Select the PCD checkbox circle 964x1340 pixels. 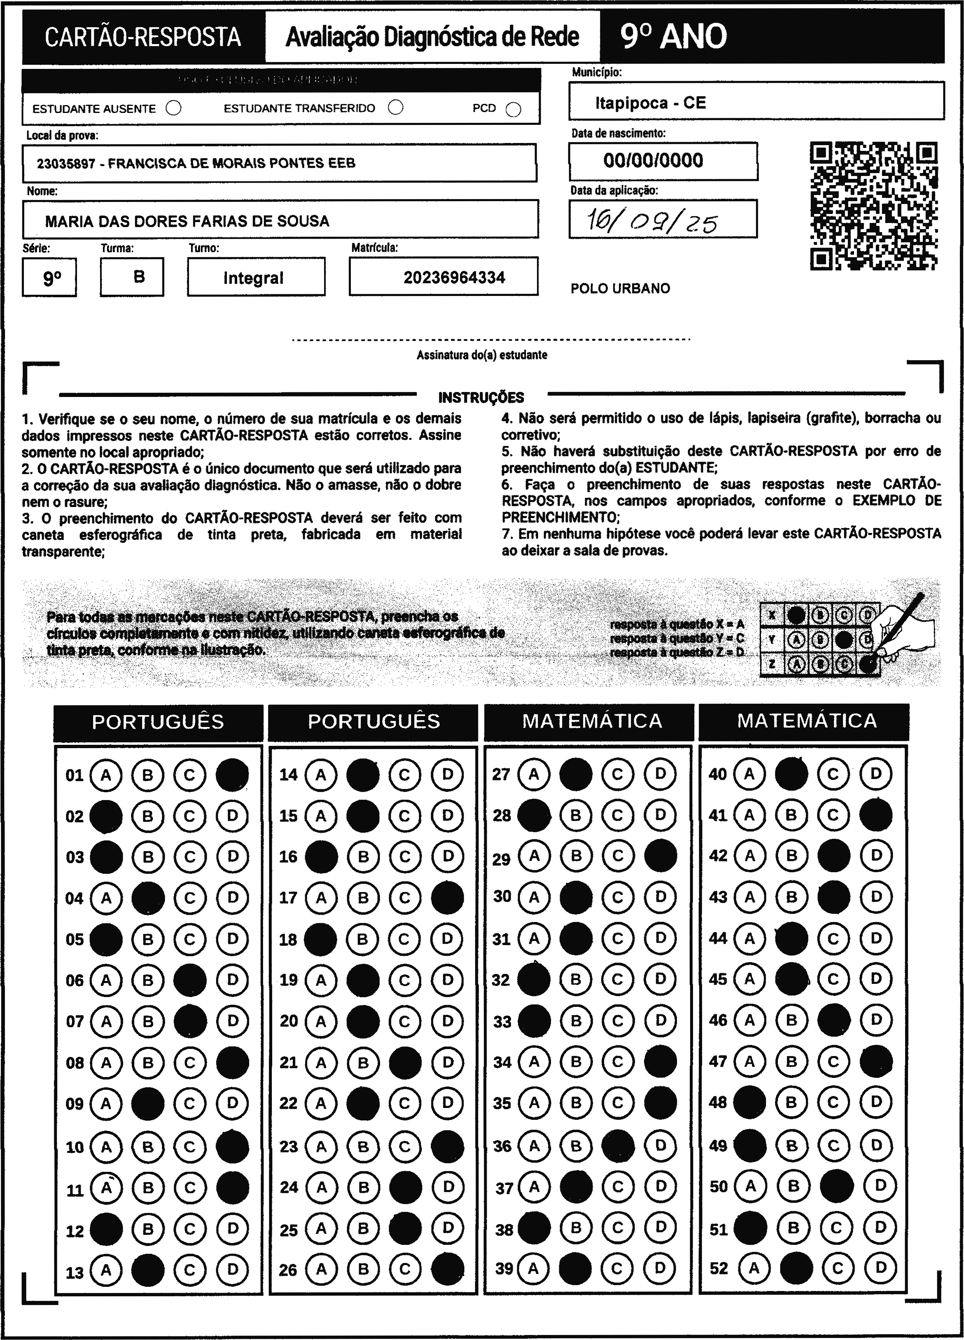pyautogui.click(x=514, y=110)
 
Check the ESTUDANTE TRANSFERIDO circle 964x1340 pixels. pyautogui.click(x=395, y=108)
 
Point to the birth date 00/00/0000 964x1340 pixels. pyautogui.click(x=653, y=161)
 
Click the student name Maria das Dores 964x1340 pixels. pyautogui.click(x=187, y=222)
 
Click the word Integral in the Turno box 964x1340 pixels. pyautogui.click(x=253, y=278)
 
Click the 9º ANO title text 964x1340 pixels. pyautogui.click(x=673, y=37)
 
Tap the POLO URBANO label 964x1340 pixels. pyautogui.click(x=620, y=289)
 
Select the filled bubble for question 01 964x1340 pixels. pyautogui.click(x=232, y=774)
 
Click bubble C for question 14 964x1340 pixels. pyautogui.click(x=404, y=774)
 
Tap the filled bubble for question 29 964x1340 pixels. pyautogui.click(x=660, y=856)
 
